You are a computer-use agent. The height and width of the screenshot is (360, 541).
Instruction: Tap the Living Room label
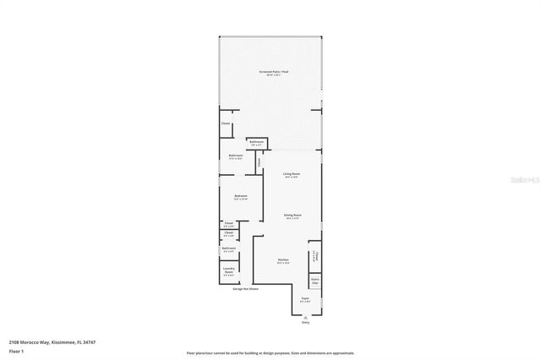[291, 175]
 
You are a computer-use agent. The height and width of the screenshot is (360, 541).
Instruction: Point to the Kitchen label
[284, 260]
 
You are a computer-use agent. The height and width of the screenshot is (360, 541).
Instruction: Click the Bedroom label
[240, 197]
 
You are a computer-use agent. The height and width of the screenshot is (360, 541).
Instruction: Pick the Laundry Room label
[228, 271]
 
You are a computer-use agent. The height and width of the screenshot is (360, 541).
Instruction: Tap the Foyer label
[305, 299]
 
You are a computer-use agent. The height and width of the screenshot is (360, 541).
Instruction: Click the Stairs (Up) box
[314, 280]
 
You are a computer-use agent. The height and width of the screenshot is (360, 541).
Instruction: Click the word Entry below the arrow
[305, 322]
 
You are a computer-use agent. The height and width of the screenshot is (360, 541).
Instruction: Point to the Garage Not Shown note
[246, 289]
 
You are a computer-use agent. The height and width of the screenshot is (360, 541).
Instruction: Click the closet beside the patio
[226, 124]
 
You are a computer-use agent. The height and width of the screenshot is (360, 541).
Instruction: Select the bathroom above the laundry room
[228, 249]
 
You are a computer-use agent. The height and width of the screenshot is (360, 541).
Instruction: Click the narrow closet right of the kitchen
[314, 255]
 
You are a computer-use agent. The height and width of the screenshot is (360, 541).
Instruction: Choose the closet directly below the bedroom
[228, 224]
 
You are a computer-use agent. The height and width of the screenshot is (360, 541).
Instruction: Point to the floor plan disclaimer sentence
[270, 353]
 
